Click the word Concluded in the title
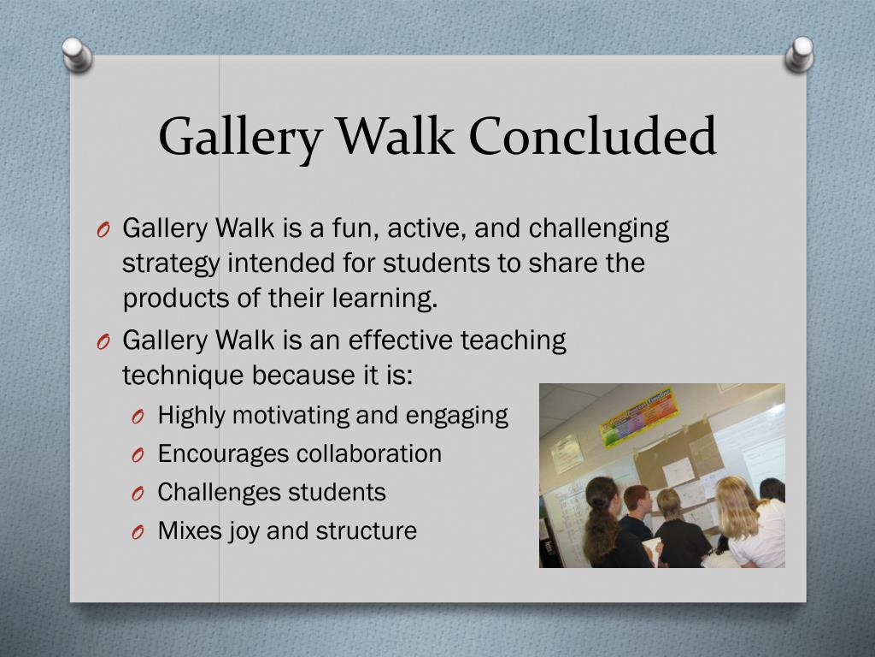593,136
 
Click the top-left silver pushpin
77,55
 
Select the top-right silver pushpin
799,54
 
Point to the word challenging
599,229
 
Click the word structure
366,531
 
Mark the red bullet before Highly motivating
138,417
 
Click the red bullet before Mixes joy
138,532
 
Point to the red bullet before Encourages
138,455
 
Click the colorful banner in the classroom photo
639,417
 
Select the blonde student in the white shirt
750,523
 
